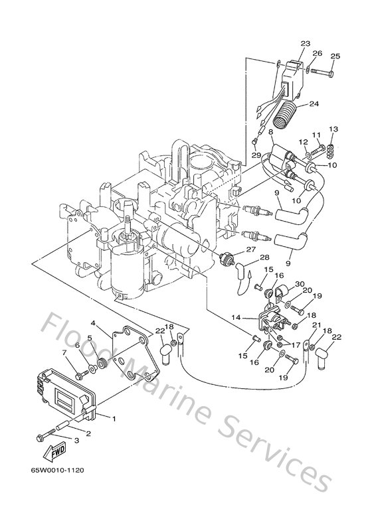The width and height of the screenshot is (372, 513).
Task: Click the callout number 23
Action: pyautogui.click(x=305, y=44)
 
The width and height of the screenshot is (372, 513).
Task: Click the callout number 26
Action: pyautogui.click(x=317, y=53)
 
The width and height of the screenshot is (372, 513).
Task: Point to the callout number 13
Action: pyautogui.click(x=333, y=129)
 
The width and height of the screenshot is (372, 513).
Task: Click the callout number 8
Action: pyautogui.click(x=270, y=133)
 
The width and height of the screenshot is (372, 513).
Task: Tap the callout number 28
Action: pyautogui.click(x=264, y=257)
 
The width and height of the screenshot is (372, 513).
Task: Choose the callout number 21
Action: pyautogui.click(x=316, y=325)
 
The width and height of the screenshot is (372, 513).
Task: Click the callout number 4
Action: pyautogui.click(x=94, y=324)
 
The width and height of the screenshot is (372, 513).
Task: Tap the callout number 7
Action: pyautogui.click(x=64, y=352)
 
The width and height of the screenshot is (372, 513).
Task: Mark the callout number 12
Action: pyautogui.click(x=302, y=141)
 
